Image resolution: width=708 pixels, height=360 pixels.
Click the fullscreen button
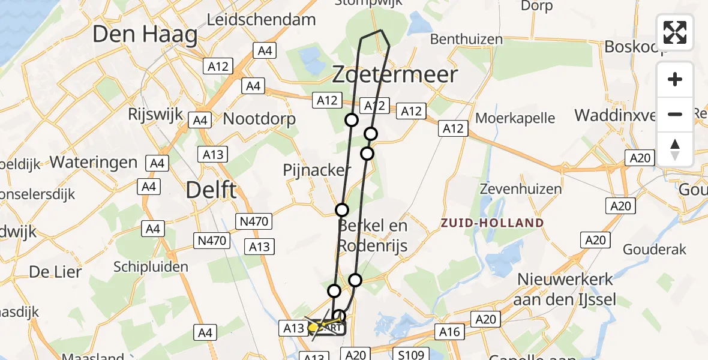pos(675,32)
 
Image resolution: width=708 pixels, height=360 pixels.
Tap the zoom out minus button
pos(675,114)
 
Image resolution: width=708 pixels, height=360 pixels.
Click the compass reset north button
pos(675,149)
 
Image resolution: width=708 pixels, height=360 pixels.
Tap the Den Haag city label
pos(145,35)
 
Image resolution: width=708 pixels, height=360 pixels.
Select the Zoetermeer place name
pos(395,75)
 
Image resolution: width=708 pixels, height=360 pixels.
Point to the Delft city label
pos(211,190)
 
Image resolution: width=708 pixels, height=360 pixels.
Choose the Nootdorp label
pos(259,118)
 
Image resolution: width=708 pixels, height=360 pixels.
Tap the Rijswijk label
pos(155,115)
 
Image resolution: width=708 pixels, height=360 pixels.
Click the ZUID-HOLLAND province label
pos(492,223)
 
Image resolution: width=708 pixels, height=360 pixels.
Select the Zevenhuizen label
pos(521,189)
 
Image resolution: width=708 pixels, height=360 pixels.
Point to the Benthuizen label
pos(467,40)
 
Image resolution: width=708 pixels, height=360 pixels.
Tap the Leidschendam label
pos(261,19)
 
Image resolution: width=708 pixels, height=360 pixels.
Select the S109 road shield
pos(410,354)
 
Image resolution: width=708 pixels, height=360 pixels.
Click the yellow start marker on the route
pos(313,328)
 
